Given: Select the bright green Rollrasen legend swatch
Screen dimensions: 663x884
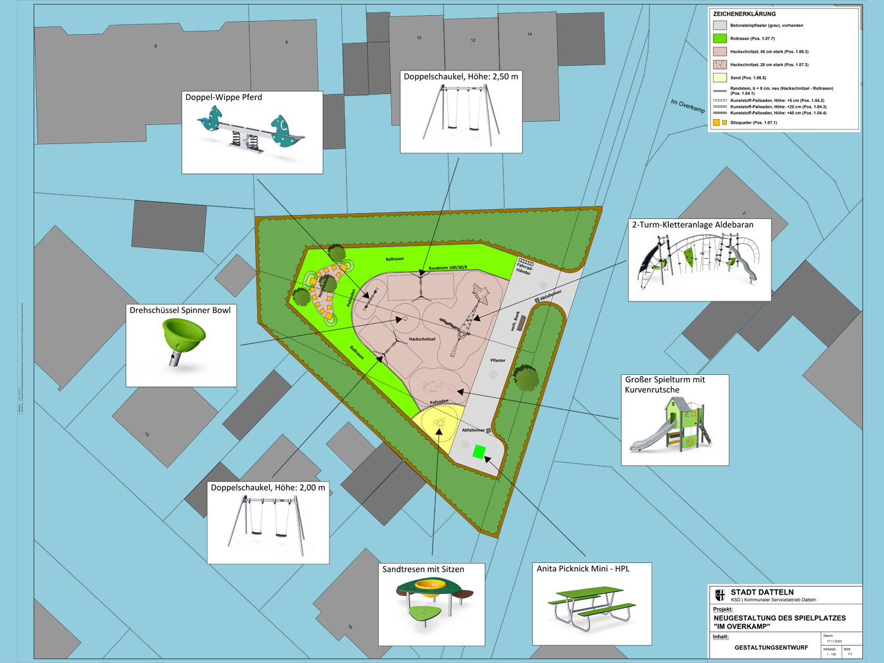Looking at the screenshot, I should tap(720, 39).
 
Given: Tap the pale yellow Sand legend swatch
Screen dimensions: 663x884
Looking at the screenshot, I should tap(720, 78).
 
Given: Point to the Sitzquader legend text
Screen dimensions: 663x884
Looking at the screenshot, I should tap(753, 123).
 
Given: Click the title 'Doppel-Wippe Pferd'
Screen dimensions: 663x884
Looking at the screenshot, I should tap(224, 97).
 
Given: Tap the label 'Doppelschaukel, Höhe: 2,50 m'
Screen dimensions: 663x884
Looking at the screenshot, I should tap(460, 76).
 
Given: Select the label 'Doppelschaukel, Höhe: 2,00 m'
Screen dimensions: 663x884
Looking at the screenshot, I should tap(268, 487).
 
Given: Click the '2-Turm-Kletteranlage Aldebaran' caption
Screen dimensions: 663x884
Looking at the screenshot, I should tap(693, 225).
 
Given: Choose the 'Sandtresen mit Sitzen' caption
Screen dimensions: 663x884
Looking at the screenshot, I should tap(423, 570).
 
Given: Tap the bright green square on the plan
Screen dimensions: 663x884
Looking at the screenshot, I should tap(479, 452).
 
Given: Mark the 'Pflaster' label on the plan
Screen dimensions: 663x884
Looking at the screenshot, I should tap(498, 360).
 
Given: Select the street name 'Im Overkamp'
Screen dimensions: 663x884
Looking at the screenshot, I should tap(687, 106).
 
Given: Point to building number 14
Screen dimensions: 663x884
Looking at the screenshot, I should tap(529, 34).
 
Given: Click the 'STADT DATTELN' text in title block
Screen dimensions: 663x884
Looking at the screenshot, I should tap(762, 593).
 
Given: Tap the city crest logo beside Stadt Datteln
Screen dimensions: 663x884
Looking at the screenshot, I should tap(720, 595).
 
